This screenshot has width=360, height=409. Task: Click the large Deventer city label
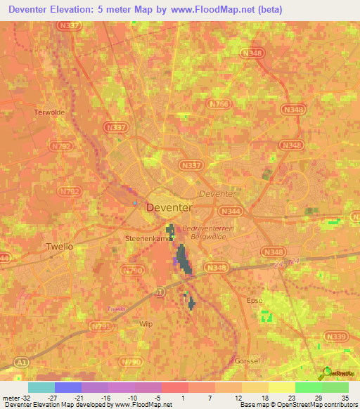tap(168, 207)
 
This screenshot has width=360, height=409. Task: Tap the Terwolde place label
tap(49, 112)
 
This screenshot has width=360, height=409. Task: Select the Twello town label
tap(59, 247)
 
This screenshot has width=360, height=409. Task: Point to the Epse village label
tap(254, 300)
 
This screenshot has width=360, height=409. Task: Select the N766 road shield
tap(219, 103)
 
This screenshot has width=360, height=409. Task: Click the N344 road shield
tap(229, 209)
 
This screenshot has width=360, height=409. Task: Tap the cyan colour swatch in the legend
tap(41, 387)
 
